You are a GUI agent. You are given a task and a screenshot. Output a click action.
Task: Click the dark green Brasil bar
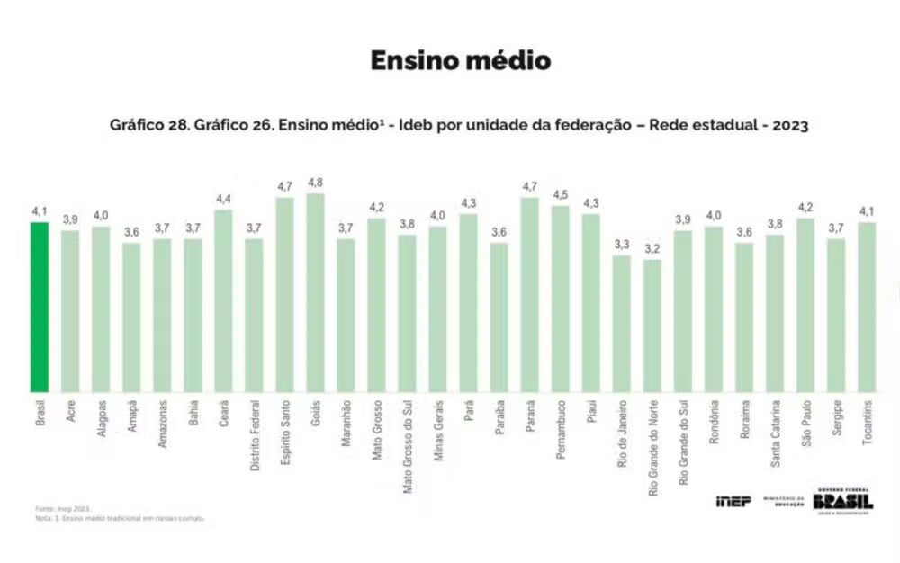point(40,306)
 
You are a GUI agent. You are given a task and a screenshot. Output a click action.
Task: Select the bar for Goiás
point(315,292)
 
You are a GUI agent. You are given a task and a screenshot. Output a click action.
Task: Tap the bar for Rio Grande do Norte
point(652,326)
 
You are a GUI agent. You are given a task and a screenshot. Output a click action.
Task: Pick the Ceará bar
point(223,300)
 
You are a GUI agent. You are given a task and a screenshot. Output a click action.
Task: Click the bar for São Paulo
point(805,305)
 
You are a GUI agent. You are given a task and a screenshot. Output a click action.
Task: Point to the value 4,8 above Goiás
point(315,183)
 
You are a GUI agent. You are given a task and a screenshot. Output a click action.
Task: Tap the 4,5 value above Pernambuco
point(561,195)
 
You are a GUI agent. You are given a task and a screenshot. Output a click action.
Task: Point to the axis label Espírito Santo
point(285,431)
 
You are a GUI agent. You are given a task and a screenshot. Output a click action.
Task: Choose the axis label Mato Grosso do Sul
point(408,442)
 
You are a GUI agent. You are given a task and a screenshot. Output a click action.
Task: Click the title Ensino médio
point(461,61)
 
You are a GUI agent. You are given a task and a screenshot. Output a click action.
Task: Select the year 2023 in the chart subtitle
point(788,126)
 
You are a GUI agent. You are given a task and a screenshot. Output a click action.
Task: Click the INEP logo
point(733,501)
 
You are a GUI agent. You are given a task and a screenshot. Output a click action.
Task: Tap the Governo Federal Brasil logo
point(842,501)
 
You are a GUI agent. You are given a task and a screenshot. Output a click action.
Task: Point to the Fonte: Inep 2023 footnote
point(63,508)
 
